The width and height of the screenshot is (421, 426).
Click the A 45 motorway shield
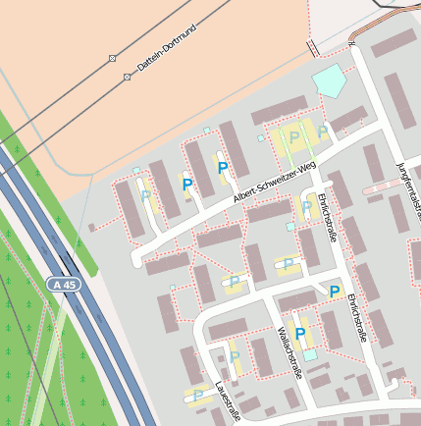coord(62,284)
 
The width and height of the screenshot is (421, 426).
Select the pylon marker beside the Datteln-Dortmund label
coord(127,76)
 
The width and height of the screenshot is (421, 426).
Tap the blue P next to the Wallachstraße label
coord(300,335)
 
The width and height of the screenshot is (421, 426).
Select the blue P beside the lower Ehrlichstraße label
coord(334,292)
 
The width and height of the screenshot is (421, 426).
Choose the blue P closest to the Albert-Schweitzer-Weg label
coord(222,169)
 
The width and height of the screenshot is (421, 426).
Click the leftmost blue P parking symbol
coord(186,183)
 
